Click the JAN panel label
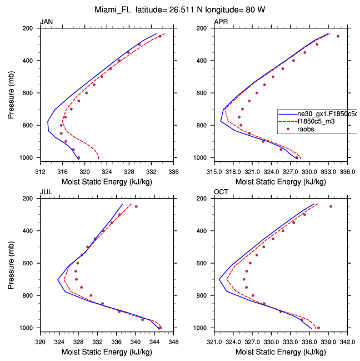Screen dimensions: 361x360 (x=46, y=22)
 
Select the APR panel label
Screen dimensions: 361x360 (x=221, y=22)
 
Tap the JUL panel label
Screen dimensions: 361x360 (x=46, y=192)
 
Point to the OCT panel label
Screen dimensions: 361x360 (x=221, y=192)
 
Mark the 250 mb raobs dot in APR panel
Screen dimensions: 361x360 (x=338, y=36)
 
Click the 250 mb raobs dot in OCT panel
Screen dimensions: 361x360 (x=331, y=206)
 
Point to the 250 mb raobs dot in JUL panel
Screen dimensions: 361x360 (x=136, y=206)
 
